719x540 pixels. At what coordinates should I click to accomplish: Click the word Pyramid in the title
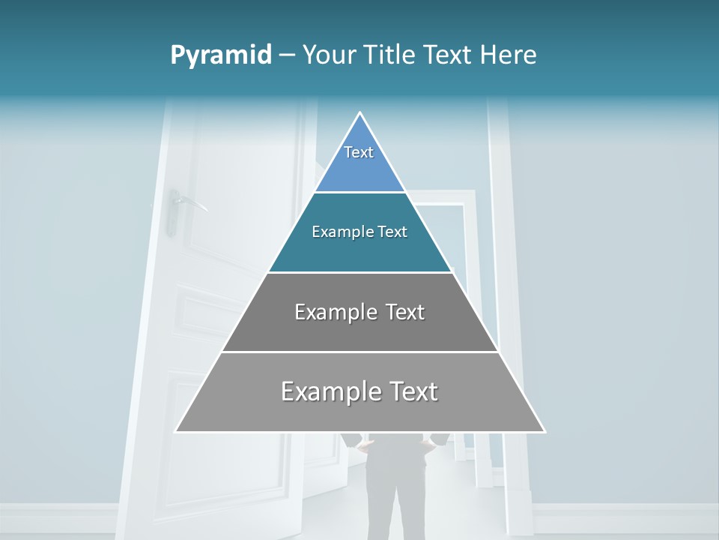click(x=220, y=55)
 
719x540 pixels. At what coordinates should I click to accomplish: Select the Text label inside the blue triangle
click(x=359, y=152)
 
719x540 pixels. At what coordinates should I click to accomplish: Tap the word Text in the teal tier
click(x=393, y=232)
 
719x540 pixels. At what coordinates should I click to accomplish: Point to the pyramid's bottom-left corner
click(x=176, y=431)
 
